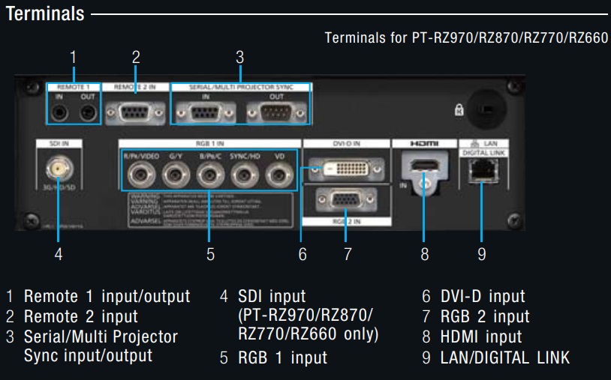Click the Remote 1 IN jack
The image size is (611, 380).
[x=60, y=113]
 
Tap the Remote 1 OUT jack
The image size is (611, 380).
[x=88, y=113]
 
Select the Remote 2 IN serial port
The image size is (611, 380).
[x=135, y=112]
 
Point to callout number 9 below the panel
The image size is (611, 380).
[x=482, y=254]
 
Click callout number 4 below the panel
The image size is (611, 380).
[x=58, y=254]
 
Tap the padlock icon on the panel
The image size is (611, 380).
[x=458, y=109]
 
